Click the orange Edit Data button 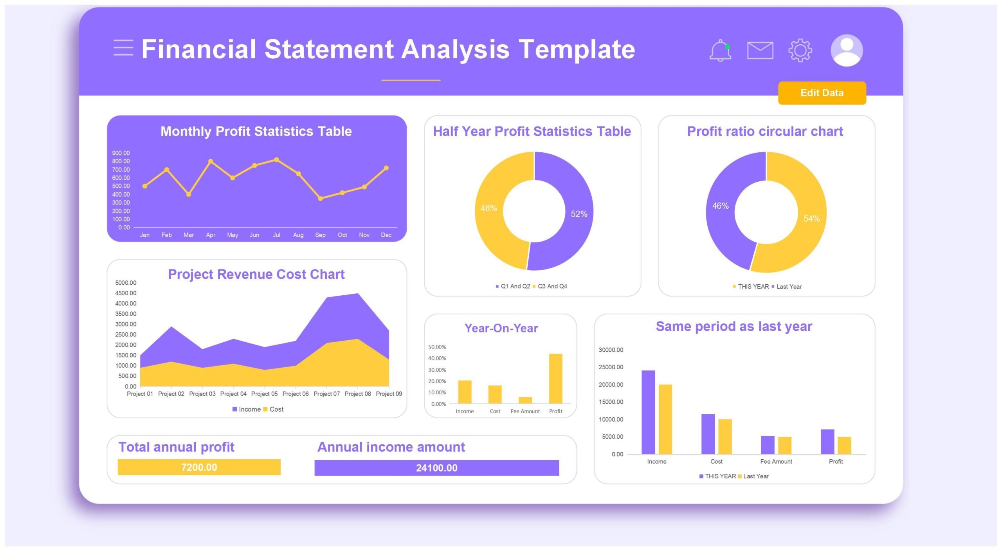coord(822,93)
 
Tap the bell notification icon coord(720,51)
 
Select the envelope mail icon coord(760,51)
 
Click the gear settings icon coord(800,51)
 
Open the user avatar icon coord(846,51)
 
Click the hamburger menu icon coord(123,48)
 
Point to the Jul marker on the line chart coord(276,160)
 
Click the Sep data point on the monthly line coord(320,199)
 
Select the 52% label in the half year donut coord(578,214)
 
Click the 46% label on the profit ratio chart coord(720,206)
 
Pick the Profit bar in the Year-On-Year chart coord(555,378)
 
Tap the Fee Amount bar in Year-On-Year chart coord(525,400)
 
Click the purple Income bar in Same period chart coord(648,412)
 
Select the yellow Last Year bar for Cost coord(725,436)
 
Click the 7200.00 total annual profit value coord(199,467)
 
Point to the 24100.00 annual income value coord(436,468)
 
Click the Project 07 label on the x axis coord(326,394)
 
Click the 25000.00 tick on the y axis coord(611,367)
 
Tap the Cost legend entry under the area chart coord(276,409)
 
